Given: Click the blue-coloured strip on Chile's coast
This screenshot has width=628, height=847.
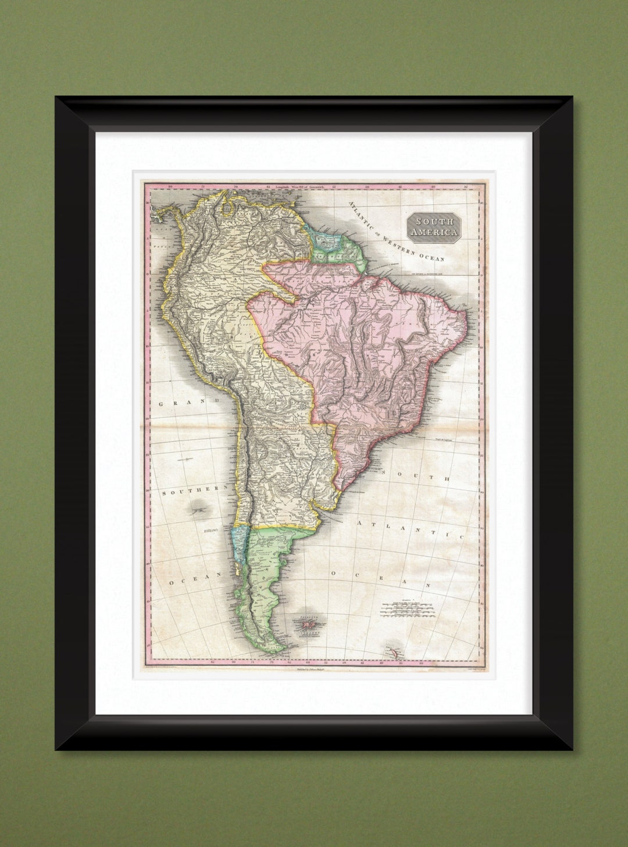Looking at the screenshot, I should point(237,541).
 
